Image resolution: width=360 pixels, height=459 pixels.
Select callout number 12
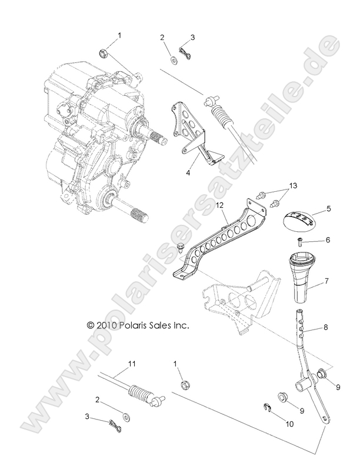point(220,206)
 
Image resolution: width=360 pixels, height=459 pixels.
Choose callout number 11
point(132,364)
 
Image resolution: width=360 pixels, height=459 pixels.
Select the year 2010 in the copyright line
point(105,324)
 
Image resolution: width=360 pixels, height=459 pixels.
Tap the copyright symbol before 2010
point(90,324)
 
